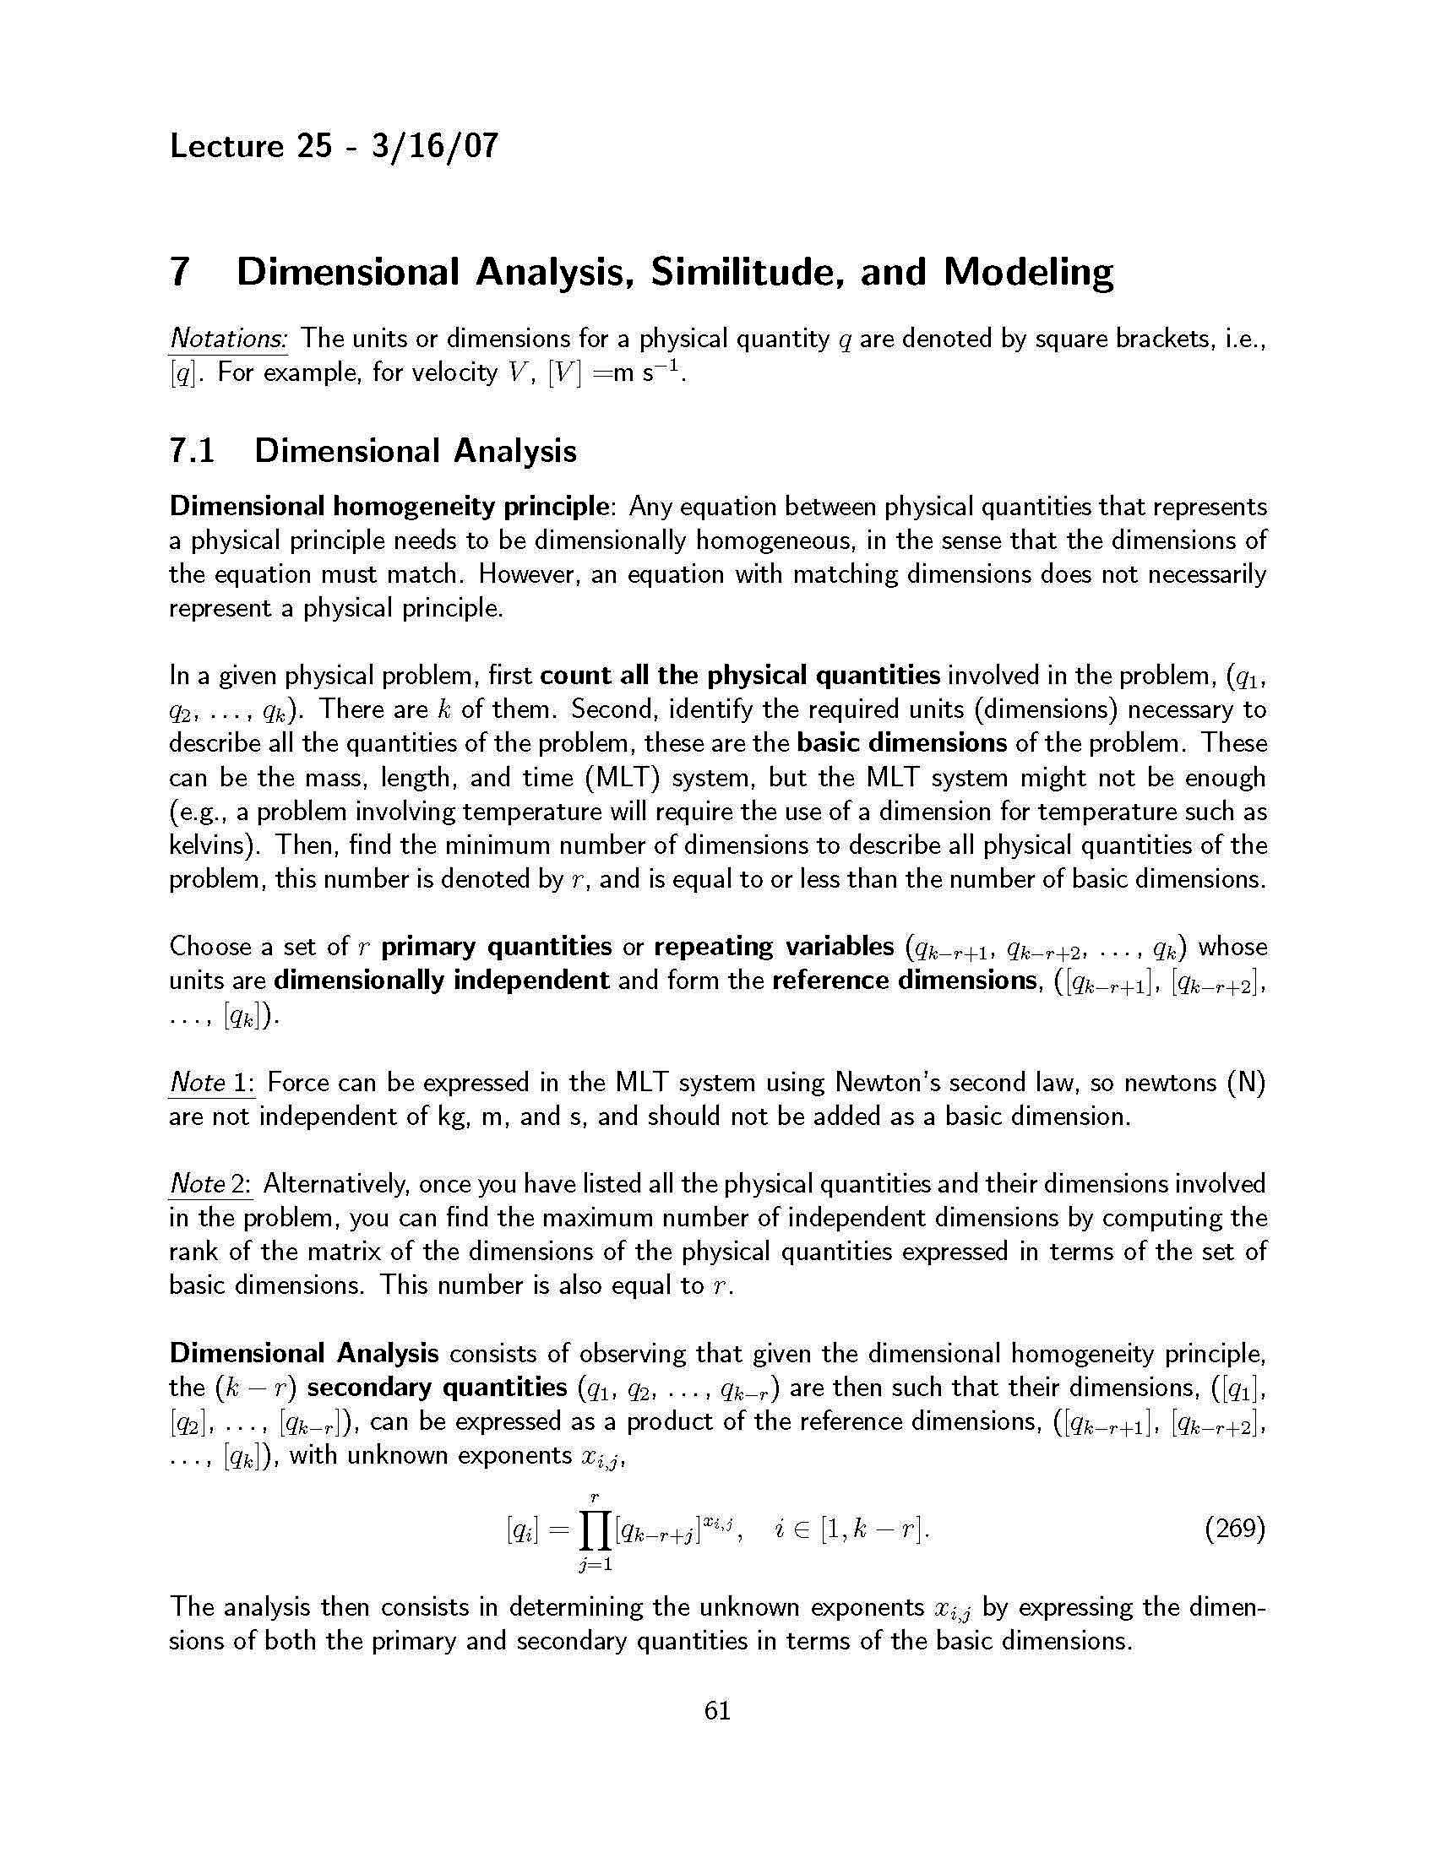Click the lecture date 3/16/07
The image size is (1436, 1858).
[434, 146]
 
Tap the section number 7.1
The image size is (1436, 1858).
[192, 450]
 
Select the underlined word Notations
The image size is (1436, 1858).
[227, 340]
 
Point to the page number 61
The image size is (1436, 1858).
[717, 1710]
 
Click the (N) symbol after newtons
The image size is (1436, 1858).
[1246, 1083]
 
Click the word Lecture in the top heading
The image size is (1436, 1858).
[226, 146]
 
